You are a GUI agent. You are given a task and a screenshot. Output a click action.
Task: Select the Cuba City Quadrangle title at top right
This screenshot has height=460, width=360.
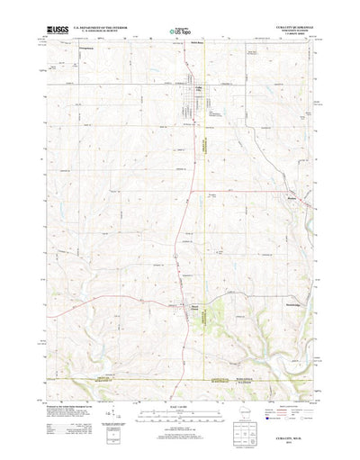tap(289, 31)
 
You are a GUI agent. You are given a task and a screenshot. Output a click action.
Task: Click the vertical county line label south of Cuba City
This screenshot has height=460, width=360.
tap(203, 153)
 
